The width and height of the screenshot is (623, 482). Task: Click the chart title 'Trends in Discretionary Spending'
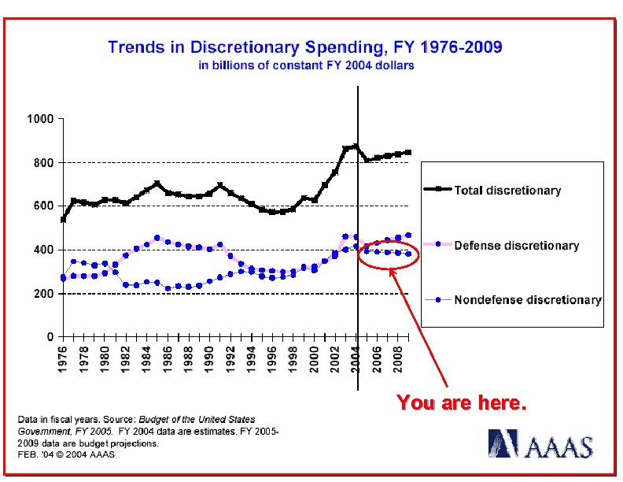click(304, 47)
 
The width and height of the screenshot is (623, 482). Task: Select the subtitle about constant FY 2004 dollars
click(306, 65)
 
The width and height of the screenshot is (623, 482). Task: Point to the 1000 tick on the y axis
click(39, 119)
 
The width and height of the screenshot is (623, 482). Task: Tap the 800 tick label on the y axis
click(42, 163)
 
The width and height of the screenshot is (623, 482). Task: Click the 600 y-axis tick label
click(42, 206)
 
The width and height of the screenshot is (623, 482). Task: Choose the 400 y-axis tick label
click(42, 250)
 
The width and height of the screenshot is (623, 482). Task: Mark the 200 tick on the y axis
click(42, 294)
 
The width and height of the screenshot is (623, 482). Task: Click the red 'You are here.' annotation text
click(460, 404)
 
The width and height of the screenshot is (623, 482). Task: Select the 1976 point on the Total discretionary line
click(63, 220)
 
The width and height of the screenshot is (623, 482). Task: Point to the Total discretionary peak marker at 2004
click(356, 146)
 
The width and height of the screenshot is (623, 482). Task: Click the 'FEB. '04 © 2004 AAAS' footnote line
click(67, 454)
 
